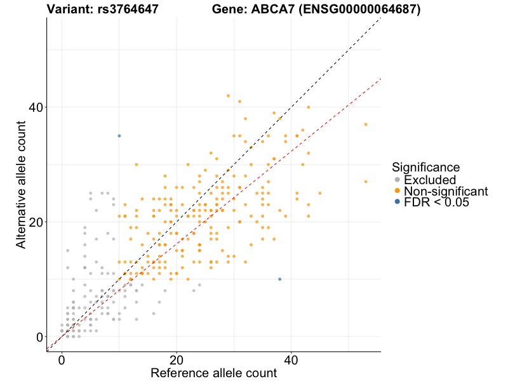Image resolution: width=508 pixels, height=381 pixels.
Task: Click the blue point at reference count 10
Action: (x=119, y=136)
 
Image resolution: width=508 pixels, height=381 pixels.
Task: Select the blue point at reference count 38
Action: (x=279, y=279)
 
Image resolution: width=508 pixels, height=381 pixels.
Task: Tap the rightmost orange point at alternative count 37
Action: (x=366, y=124)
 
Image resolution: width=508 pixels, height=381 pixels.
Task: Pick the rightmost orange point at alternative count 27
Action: (x=366, y=182)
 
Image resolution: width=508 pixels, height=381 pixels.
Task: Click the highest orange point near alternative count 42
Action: (x=228, y=96)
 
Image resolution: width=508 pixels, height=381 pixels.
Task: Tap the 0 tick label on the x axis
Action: (x=62, y=359)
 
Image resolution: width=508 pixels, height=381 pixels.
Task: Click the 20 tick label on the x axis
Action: (x=177, y=359)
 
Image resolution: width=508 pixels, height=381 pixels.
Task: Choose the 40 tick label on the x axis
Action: (x=291, y=359)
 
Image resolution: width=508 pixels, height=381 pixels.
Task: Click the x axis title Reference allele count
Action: (x=213, y=373)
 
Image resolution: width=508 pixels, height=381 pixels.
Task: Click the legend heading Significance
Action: (x=425, y=168)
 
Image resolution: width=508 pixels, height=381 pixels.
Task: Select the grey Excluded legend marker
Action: (x=398, y=180)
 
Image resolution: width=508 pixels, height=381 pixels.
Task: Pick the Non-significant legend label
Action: (x=446, y=191)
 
